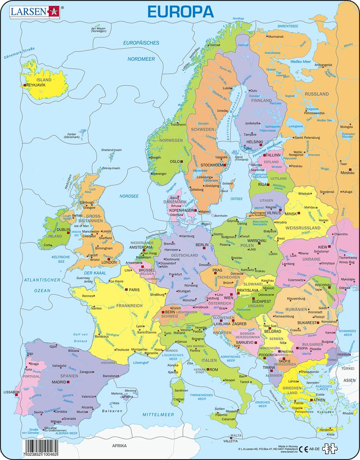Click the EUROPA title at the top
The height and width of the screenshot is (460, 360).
(180, 11)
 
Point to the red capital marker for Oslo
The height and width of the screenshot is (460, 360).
(182, 161)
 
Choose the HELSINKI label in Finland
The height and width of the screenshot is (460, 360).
(255, 142)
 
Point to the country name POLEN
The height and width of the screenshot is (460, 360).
(246, 246)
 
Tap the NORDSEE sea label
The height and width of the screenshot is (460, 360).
(129, 196)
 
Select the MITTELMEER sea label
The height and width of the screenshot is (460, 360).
(157, 414)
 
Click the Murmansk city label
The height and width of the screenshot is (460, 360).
(276, 36)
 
